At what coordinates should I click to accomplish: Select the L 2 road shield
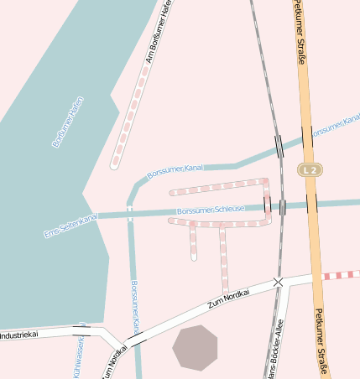[x=310, y=169]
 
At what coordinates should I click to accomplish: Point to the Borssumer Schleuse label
[x=211, y=209]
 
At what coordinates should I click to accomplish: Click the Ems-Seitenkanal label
[x=70, y=226]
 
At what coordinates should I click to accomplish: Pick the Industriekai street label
[x=18, y=335]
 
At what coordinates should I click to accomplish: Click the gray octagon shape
[x=195, y=347]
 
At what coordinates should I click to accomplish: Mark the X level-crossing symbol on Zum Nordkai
[x=279, y=283]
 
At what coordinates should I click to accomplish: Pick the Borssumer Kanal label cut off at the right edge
[x=335, y=128]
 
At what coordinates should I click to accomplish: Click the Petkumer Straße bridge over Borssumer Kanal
[x=307, y=138]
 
